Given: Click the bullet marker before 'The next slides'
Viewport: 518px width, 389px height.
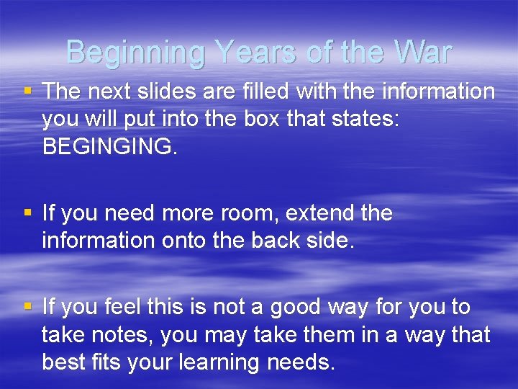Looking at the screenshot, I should [x=27, y=91].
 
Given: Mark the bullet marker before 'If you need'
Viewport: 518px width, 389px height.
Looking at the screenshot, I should [x=27, y=213].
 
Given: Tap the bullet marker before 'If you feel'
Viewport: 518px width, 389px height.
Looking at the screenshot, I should [x=27, y=307].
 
